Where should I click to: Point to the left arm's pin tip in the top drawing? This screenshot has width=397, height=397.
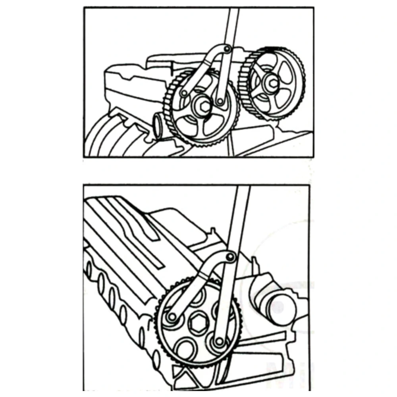pyautogui.click(x=183, y=93)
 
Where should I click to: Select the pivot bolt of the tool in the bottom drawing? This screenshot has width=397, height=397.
pyautogui.click(x=229, y=257)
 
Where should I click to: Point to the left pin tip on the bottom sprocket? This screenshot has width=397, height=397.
pyautogui.click(x=172, y=317)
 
